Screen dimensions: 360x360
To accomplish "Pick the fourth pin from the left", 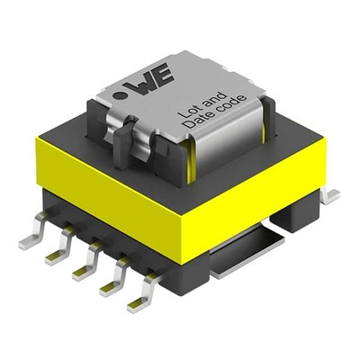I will pyautogui.click(x=112, y=284).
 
